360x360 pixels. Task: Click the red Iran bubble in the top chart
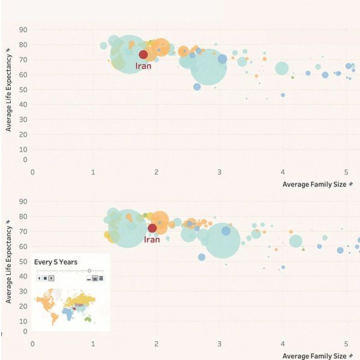[143, 55]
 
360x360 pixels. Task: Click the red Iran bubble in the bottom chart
[152, 228]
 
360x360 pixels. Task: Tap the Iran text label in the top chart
[143, 66]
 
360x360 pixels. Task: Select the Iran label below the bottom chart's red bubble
[152, 239]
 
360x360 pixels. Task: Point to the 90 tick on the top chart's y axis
[23, 29]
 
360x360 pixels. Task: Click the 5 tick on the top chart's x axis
[346, 172]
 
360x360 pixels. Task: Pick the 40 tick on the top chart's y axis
[23, 103]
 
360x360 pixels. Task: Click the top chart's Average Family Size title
[314, 185]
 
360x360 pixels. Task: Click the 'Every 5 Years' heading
[55, 262]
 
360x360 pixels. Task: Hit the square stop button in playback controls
[45, 278]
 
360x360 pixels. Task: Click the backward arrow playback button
[39, 278]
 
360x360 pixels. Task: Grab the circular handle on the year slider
[89, 271]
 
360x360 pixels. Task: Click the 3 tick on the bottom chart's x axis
[220, 344]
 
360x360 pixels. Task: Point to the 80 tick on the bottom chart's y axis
[23, 217]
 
